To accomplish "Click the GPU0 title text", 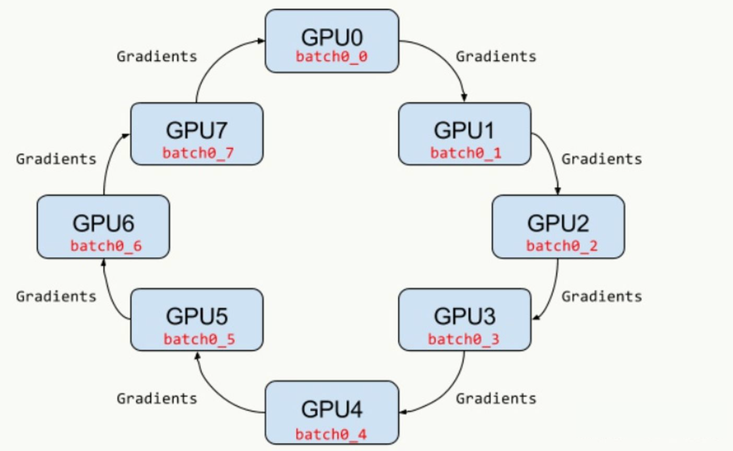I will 331,38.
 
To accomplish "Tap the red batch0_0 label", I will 331,57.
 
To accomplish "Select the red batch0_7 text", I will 198,153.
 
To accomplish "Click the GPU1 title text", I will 464,130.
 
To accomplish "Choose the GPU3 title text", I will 464,316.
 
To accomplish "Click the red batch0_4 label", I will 331,435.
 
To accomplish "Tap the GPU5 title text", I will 196,316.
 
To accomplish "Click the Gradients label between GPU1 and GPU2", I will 601,159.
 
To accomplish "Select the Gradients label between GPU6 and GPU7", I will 56,159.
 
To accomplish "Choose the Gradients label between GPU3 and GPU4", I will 496,398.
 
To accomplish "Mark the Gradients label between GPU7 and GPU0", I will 157,56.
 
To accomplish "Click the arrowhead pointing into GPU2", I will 558,191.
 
